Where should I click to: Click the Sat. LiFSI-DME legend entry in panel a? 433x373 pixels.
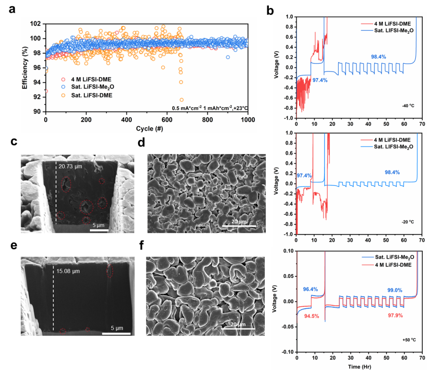pyautogui.click(x=85, y=94)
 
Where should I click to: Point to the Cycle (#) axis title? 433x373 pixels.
pyautogui.click(x=147, y=129)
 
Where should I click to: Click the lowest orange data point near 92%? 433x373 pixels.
pyautogui.click(x=181, y=100)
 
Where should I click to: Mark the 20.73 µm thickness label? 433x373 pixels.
pyautogui.click(x=71, y=166)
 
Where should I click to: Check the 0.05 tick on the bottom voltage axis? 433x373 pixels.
pyautogui.click(x=286, y=276)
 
